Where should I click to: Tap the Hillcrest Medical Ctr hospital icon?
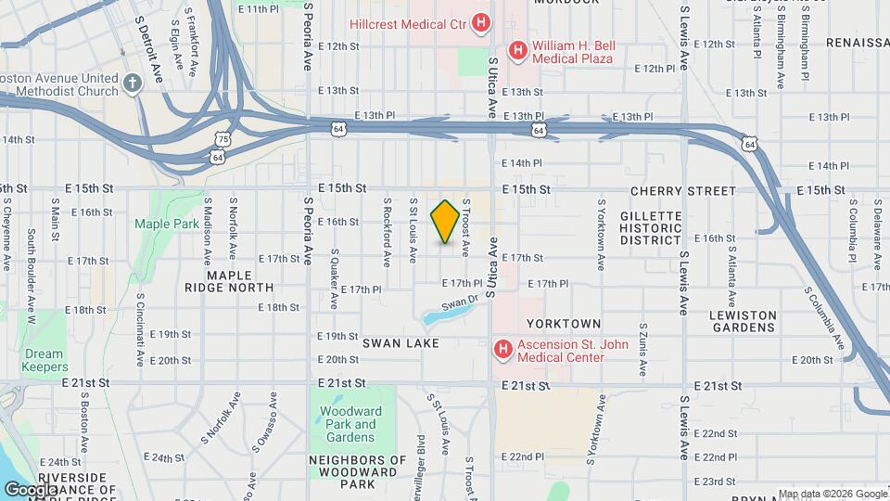pos(481,22)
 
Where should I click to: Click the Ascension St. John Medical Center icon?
pos(502,350)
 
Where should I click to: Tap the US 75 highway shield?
pos(222,139)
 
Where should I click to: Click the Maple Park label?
pos(167,224)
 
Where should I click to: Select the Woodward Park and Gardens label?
pos(352,424)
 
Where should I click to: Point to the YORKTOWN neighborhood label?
pos(564,324)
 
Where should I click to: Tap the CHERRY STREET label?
pos(682,190)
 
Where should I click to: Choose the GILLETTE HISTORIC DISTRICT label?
pos(651,227)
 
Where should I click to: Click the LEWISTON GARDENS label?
pos(743,322)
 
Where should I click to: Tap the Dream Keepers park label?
pos(44,360)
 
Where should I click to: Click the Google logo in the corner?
pos(31,490)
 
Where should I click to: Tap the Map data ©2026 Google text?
pos(832,494)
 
